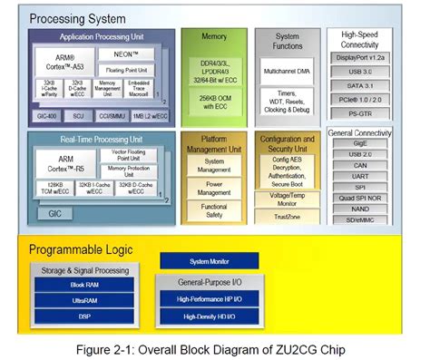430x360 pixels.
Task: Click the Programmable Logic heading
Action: coord(81,248)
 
